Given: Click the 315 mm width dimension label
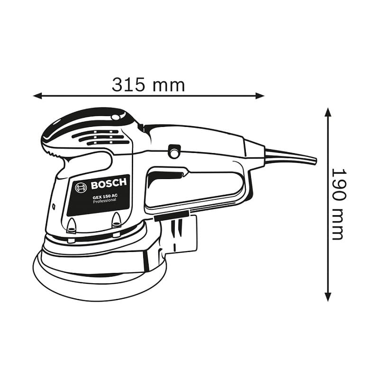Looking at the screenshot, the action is click(x=148, y=85).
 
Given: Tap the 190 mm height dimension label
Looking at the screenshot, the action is click(x=338, y=204).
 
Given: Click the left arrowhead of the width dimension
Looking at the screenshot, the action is click(x=38, y=96).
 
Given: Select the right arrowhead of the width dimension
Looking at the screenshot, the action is click(x=260, y=96).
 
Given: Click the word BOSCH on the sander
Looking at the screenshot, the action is click(x=109, y=184).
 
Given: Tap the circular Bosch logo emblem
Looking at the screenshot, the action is click(x=81, y=188).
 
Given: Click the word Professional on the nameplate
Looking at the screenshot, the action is click(x=105, y=200).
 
